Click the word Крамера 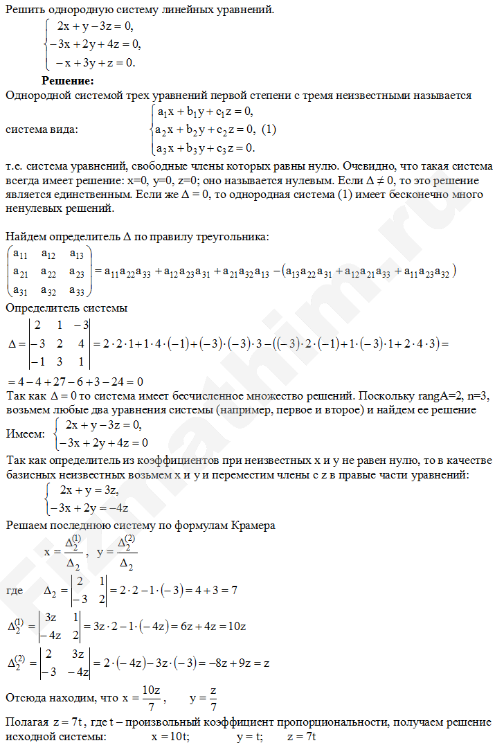point(251,526)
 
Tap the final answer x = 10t point(170,738)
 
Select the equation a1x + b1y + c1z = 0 point(206,111)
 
